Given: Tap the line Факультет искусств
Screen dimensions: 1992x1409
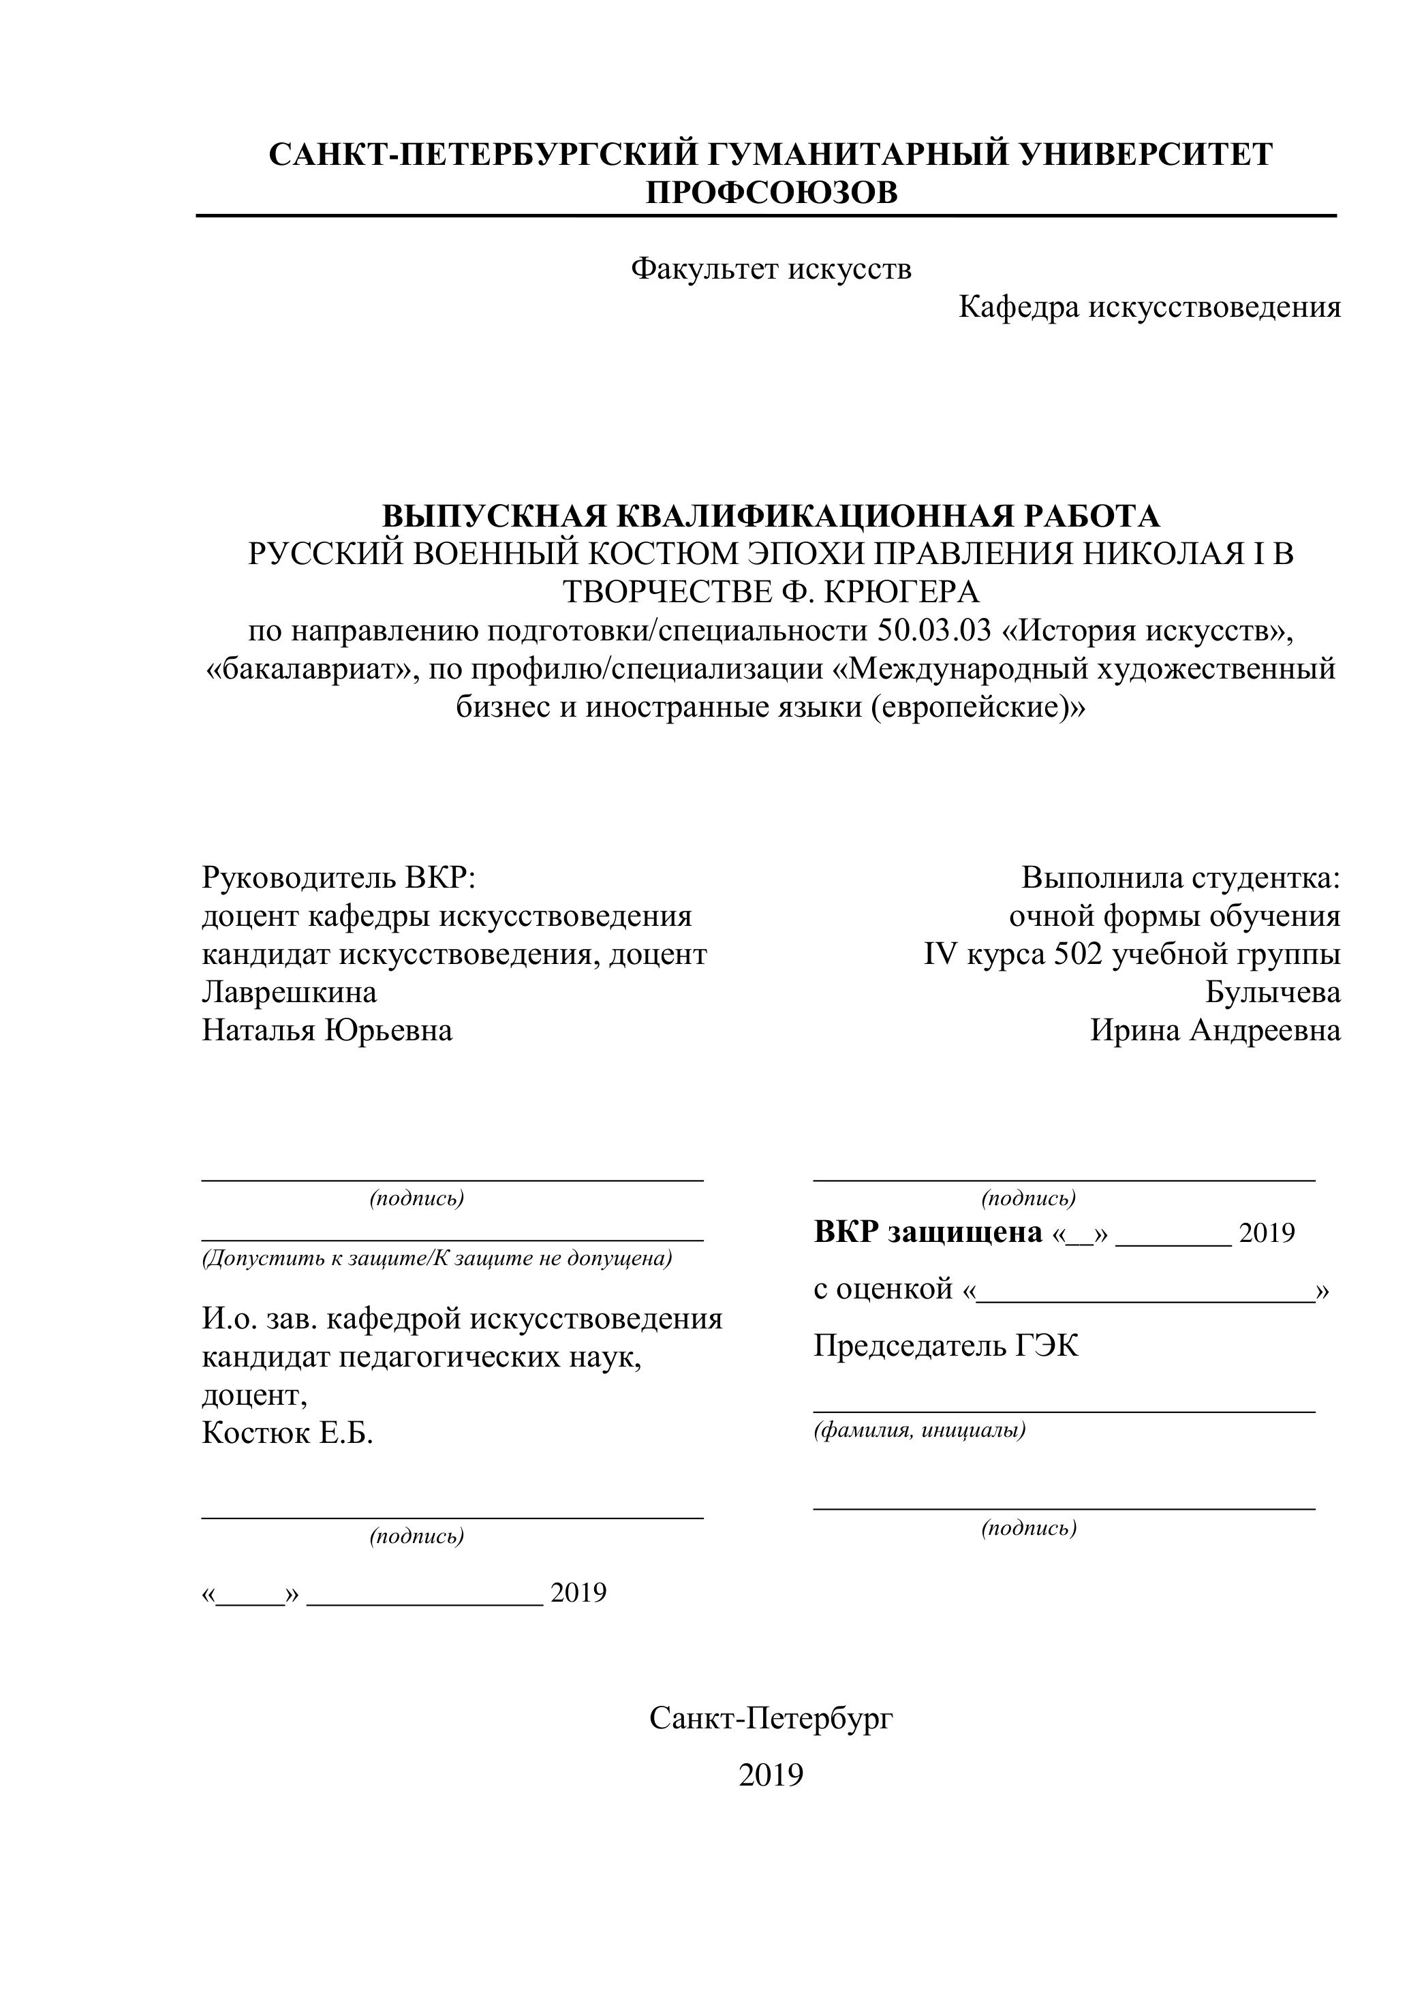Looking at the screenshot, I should [771, 269].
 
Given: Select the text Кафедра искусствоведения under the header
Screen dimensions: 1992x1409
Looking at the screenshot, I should [1149, 307].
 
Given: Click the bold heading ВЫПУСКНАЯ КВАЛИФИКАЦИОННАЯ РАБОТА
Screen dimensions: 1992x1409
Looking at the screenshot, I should [771, 516].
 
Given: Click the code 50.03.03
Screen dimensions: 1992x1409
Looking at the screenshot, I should [933, 631].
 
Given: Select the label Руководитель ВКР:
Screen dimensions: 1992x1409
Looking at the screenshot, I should [339, 878].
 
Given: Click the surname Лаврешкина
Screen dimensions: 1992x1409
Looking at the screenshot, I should [290, 992].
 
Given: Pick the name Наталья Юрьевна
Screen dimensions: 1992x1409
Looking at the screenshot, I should [327, 1031].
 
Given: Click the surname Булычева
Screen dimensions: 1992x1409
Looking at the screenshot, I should [1273, 992].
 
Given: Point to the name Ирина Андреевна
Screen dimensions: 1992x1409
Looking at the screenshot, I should [1215, 1031].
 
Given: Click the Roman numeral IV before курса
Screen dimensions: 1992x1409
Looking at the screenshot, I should [940, 954].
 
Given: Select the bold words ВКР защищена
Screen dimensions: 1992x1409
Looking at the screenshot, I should [927, 1232].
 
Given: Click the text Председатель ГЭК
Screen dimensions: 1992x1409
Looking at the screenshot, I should [946, 1347].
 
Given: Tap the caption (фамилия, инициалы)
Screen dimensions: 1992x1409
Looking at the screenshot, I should [919, 1431].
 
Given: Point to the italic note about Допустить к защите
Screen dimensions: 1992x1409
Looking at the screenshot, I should [437, 1259].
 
